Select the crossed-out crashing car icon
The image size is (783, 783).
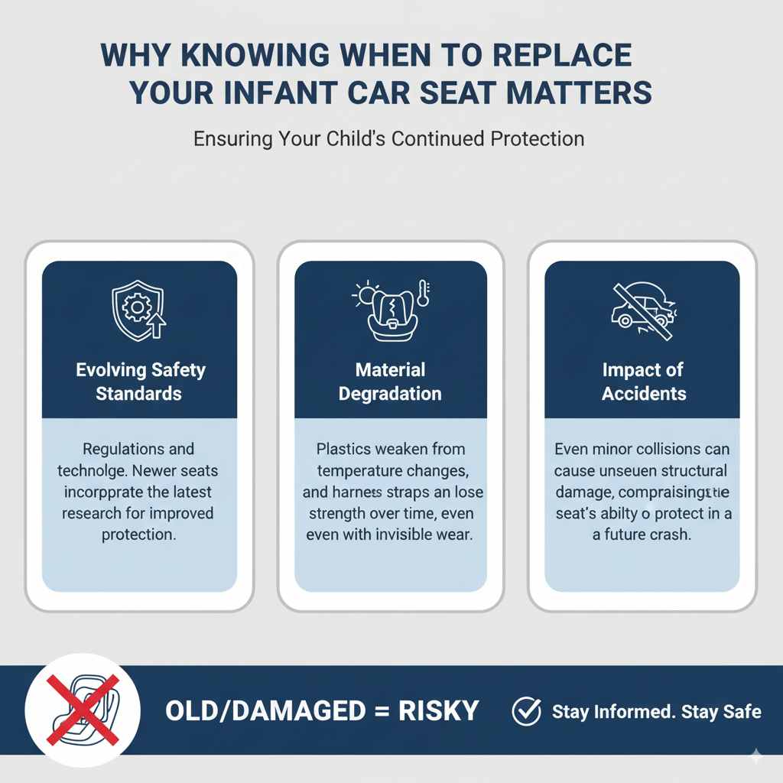click(x=642, y=310)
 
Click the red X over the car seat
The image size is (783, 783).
click(x=82, y=710)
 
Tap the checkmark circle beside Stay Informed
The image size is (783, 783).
click(x=526, y=711)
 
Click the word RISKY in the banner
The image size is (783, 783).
click(x=439, y=711)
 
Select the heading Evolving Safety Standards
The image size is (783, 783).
click(x=140, y=382)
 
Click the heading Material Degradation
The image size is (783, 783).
click(x=390, y=382)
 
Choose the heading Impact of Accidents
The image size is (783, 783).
click(x=643, y=382)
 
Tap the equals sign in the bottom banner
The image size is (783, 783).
click(x=375, y=712)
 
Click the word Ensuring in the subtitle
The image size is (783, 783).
click(x=232, y=140)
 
